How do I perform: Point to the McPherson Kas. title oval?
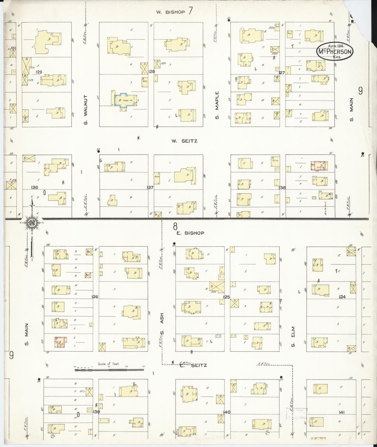(x=335, y=51)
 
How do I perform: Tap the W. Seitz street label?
(x=184, y=141)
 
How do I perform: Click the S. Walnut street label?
(x=86, y=110)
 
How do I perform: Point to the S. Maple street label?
(x=217, y=105)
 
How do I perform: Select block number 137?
(x=150, y=188)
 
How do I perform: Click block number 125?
(x=226, y=297)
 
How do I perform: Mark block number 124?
(x=342, y=297)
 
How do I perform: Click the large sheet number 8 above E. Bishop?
(x=175, y=225)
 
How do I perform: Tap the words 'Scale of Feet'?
(x=109, y=364)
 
